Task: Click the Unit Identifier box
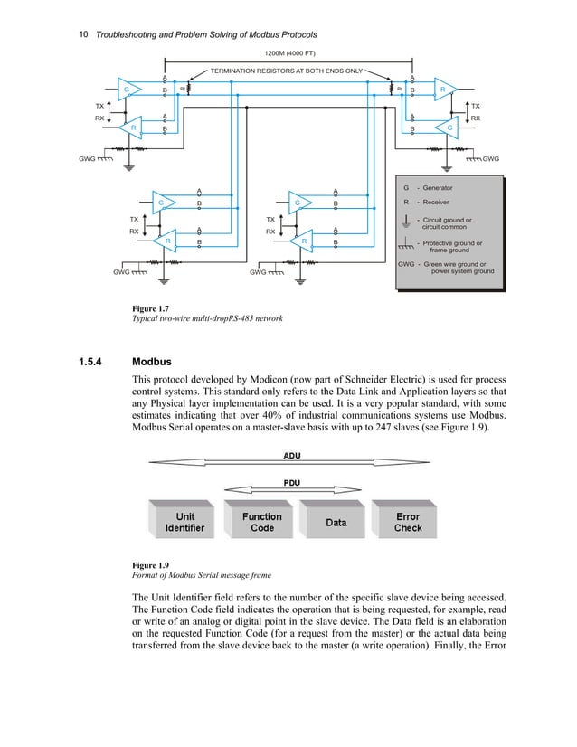[179, 522]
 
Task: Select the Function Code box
[262, 522]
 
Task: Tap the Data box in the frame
[336, 523]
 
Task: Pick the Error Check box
[408, 522]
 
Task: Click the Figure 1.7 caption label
[153, 309]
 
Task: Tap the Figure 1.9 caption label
[153, 567]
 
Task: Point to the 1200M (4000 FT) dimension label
[288, 54]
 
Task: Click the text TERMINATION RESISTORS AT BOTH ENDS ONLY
[287, 70]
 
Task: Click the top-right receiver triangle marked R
[444, 90]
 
